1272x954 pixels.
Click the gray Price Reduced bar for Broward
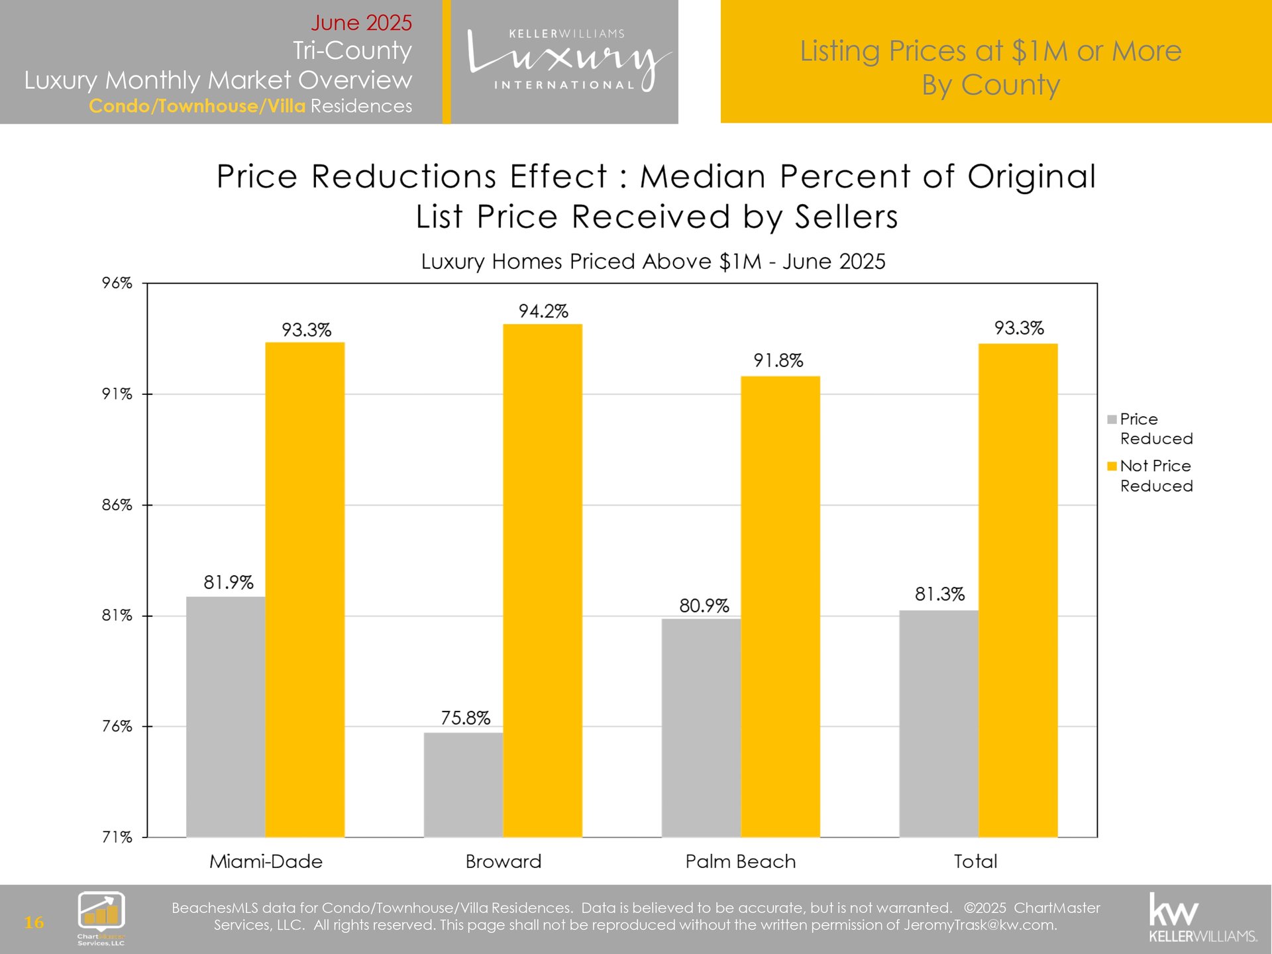(x=463, y=784)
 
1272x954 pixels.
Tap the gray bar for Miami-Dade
(x=225, y=716)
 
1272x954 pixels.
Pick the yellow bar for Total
(x=1018, y=590)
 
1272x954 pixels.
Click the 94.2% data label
(x=543, y=311)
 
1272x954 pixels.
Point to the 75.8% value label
(x=466, y=718)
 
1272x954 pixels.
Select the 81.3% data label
(x=939, y=594)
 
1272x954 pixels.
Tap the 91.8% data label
(x=778, y=361)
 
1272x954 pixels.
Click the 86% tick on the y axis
(x=117, y=505)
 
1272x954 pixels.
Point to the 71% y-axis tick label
(x=117, y=837)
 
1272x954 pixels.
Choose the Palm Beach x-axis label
(x=740, y=861)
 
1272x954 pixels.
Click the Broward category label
(x=503, y=861)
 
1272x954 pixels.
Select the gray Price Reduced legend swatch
(x=1112, y=419)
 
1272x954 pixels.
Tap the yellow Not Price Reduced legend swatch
(x=1112, y=466)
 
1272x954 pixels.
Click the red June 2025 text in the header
(x=361, y=23)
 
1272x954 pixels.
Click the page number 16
(x=34, y=922)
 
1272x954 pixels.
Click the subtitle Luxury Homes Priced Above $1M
(x=653, y=262)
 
